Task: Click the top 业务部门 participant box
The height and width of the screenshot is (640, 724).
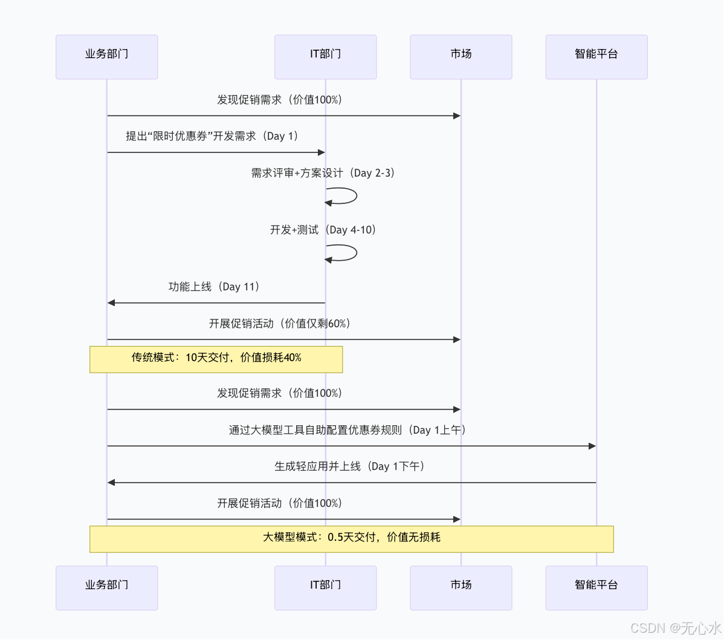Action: click(x=106, y=57)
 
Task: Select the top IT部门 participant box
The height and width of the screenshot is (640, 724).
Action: click(x=325, y=57)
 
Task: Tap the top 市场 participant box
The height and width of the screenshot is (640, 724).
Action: click(x=461, y=57)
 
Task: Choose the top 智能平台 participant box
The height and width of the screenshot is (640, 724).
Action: click(x=596, y=57)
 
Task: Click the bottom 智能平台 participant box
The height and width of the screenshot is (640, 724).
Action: click(x=596, y=587)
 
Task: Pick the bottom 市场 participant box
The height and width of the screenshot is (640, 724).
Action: click(x=461, y=587)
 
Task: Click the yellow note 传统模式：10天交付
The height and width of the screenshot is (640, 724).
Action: click(x=216, y=359)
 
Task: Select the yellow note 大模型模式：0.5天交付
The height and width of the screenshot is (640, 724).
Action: click(x=351, y=538)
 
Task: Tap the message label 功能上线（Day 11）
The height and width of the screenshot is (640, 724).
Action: click(x=215, y=287)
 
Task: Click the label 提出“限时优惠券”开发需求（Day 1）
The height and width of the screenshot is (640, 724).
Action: click(x=213, y=136)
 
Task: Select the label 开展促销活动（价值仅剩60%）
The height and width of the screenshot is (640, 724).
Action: click(x=280, y=324)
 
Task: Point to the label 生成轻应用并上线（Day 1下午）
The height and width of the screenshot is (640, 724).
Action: click(x=350, y=466)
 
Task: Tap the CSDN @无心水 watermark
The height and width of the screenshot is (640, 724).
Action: click(x=675, y=628)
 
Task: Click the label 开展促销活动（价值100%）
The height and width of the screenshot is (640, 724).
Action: click(x=280, y=503)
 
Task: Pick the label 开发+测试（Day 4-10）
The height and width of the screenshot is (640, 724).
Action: click(x=323, y=230)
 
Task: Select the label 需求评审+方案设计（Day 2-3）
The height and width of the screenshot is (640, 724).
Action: click(x=323, y=173)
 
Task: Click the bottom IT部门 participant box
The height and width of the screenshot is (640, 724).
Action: click(x=325, y=587)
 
